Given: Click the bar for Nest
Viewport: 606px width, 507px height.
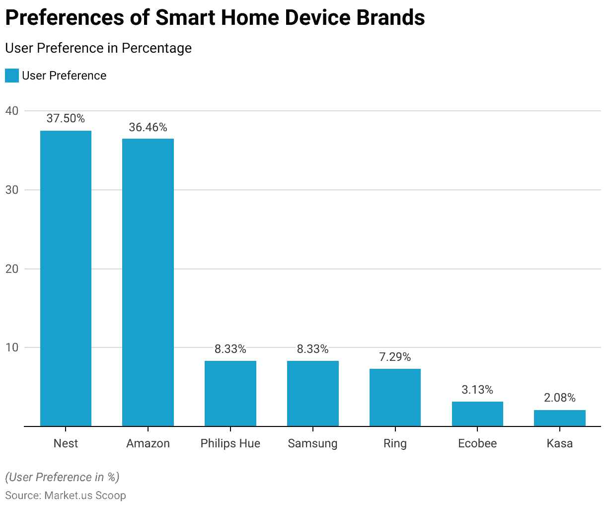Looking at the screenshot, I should [x=66, y=278].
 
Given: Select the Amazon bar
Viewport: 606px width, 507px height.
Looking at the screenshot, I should [x=148, y=282].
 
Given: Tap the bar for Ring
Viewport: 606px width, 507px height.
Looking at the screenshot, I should [x=395, y=398].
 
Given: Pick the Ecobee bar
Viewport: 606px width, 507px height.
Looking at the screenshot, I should [x=477, y=414].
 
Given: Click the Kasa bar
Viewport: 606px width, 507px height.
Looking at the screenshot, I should [x=560, y=418].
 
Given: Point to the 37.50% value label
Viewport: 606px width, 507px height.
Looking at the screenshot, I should [x=66, y=118].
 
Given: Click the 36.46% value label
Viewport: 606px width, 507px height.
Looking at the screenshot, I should [x=148, y=127].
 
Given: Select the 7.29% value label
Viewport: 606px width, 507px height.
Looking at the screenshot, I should [x=395, y=357].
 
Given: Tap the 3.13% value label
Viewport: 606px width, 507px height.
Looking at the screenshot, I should [x=477, y=390].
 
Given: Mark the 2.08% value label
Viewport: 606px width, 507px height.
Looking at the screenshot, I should [x=560, y=398].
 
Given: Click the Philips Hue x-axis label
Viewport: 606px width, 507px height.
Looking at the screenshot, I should [x=230, y=443].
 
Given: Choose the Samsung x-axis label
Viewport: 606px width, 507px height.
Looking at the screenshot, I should [x=312, y=443].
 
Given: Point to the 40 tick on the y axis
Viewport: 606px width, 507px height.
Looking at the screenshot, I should [x=12, y=111].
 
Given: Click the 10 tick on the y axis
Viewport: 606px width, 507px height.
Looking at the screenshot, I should [x=12, y=347].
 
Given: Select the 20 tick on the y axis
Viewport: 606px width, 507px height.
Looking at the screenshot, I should [x=12, y=269].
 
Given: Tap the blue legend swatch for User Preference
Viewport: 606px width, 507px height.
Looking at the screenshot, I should [x=12, y=76].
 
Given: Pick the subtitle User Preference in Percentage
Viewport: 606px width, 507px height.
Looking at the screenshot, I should [x=98, y=48].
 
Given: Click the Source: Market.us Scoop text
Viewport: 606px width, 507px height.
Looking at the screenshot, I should [x=66, y=496].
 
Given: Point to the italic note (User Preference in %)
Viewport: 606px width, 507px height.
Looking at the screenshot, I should [x=62, y=477].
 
